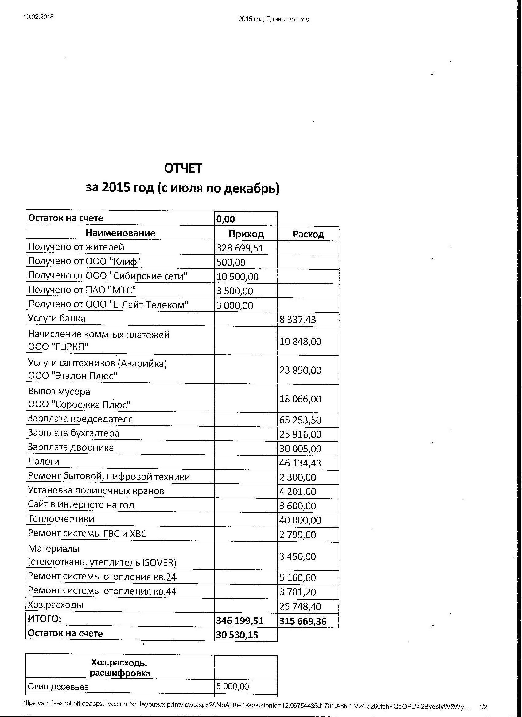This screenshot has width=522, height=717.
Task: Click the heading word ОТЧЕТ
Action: click(183, 168)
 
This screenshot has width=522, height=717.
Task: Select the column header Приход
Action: click(246, 234)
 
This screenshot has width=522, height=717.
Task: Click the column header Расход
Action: click(308, 234)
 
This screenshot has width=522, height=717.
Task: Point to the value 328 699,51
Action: click(240, 248)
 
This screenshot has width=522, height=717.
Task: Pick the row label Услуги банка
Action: click(57, 318)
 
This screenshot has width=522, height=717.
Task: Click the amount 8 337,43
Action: click(298, 320)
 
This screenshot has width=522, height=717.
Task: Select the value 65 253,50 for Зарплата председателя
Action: click(300, 420)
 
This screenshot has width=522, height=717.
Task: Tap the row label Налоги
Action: click(44, 462)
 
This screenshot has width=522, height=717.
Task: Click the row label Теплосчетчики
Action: click(61, 519)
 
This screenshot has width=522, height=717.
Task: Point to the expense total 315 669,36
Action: click(303, 622)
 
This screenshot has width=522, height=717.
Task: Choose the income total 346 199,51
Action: click(240, 621)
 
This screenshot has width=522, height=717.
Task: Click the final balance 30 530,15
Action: click(237, 635)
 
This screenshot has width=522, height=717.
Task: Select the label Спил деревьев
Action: click(58, 687)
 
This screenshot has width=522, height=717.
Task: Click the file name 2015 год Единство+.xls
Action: click(274, 20)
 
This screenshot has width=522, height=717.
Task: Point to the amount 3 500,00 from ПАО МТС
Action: click(235, 291)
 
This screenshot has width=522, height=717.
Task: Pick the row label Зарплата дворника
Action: click(71, 447)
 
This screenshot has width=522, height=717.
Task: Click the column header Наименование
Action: click(120, 233)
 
